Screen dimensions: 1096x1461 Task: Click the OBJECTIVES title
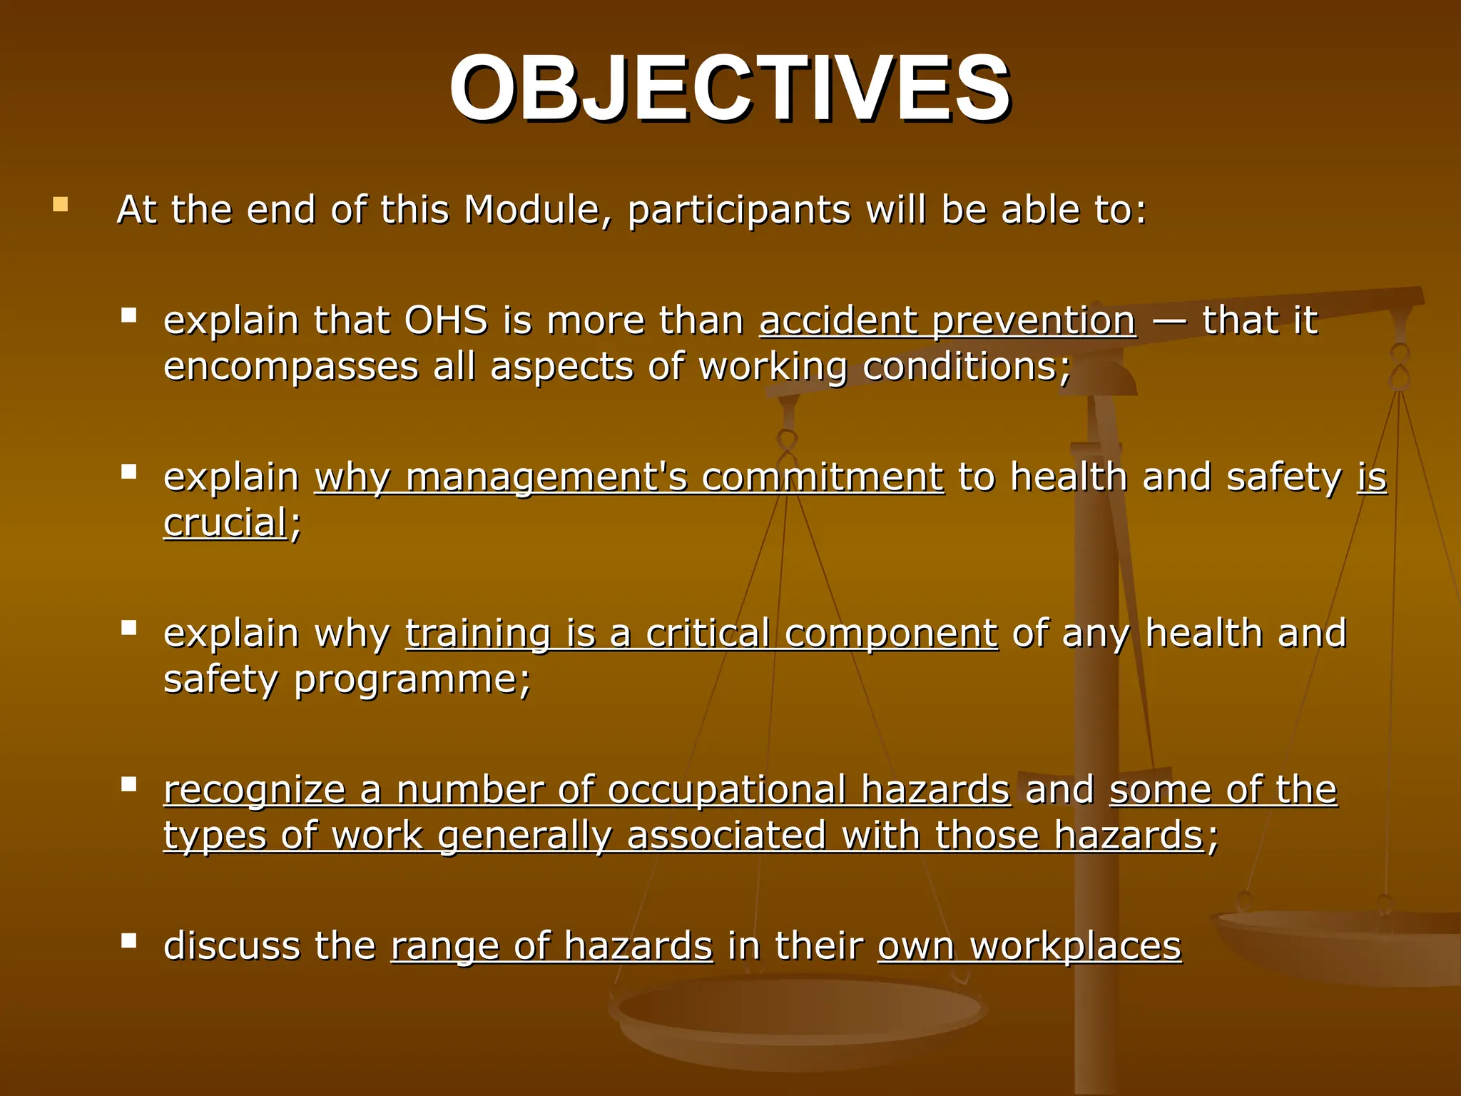[729, 89]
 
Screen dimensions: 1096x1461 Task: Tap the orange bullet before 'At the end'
[61, 205]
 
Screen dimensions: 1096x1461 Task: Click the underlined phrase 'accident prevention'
[947, 320]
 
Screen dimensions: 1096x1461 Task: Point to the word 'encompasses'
[291, 367]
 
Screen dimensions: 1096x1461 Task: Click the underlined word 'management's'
[546, 477]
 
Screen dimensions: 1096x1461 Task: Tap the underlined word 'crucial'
[225, 523]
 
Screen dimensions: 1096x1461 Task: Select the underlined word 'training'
[478, 633]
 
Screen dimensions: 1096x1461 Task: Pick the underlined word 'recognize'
[254, 790]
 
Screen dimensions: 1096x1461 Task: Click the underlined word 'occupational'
[726, 790]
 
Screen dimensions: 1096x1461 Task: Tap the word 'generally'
[524, 836]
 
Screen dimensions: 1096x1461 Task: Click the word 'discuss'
[231, 946]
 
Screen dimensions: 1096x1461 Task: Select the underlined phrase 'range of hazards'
[551, 946]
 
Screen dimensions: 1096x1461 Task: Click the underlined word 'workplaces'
[1075, 946]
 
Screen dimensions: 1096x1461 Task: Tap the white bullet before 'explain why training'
[129, 628]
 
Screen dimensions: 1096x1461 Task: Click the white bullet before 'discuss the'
[129, 940]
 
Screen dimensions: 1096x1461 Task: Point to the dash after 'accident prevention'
[1169, 322]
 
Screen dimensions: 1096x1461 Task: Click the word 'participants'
[739, 211]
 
